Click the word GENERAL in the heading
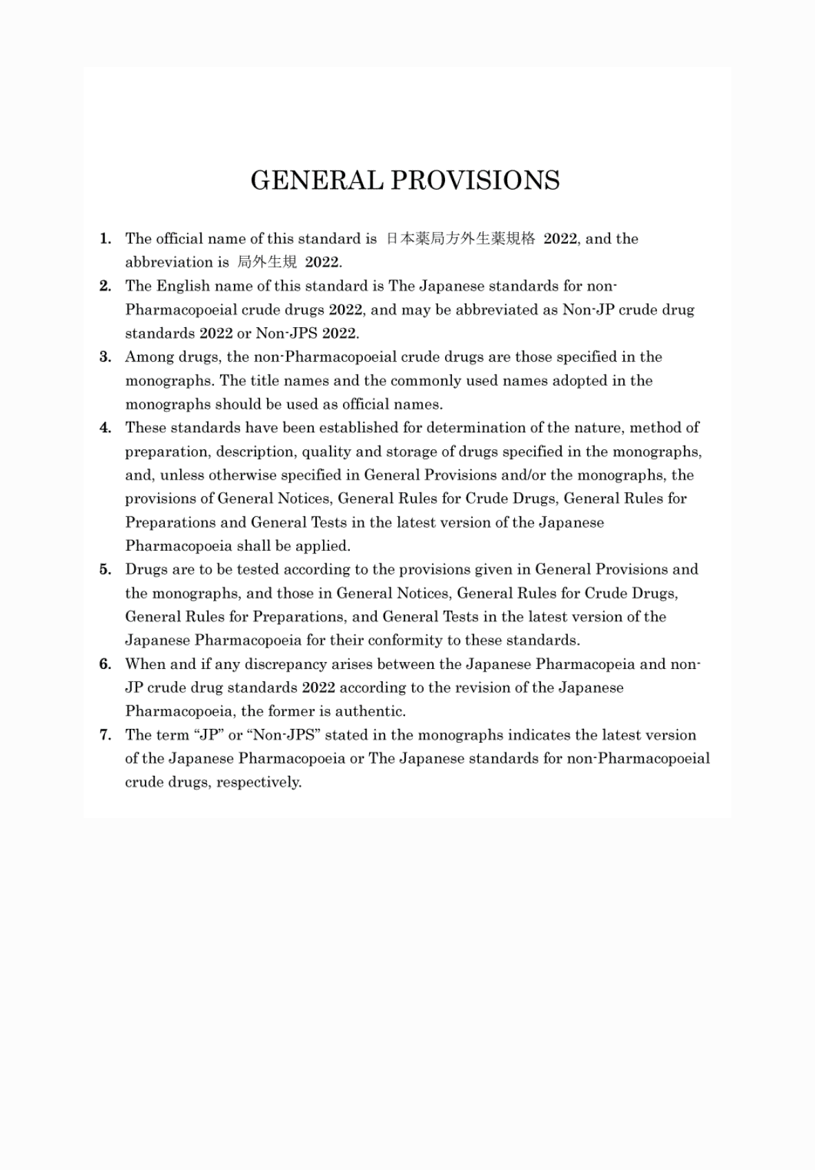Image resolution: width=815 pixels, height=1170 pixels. [x=316, y=181]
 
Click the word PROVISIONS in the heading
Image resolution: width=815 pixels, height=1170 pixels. [x=475, y=181]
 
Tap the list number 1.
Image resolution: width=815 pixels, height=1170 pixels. [x=105, y=239]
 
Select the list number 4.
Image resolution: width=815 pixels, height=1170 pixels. [x=105, y=428]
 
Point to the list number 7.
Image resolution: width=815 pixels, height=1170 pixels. [x=105, y=735]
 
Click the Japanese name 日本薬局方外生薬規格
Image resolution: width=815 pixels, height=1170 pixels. [x=460, y=239]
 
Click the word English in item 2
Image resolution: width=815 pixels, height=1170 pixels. [x=180, y=286]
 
